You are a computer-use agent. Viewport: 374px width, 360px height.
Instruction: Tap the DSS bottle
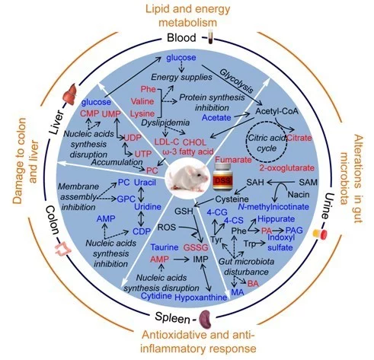(222, 177)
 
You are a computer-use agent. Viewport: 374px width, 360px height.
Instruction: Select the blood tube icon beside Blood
(210, 37)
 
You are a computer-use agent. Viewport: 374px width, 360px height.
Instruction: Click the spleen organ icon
(206, 320)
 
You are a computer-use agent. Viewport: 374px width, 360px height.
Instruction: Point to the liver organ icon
(70, 95)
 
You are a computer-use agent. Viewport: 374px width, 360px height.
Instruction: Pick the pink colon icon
(63, 249)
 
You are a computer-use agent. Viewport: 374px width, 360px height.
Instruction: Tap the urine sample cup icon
(320, 234)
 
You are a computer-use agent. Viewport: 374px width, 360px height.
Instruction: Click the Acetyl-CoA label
(277, 111)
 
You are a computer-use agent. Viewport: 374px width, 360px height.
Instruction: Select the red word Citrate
(299, 138)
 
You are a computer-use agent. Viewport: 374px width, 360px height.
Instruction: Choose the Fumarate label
(233, 160)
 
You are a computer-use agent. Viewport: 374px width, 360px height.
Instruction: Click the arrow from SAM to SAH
(280, 182)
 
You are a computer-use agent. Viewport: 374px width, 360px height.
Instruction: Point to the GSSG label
(196, 247)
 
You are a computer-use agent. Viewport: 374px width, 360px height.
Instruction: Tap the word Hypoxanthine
(201, 297)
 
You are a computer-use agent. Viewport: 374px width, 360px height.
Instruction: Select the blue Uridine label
(148, 206)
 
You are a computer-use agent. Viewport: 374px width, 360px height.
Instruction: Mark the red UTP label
(143, 154)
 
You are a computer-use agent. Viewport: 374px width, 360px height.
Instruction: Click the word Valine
(142, 101)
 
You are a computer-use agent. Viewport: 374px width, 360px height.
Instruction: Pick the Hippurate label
(276, 219)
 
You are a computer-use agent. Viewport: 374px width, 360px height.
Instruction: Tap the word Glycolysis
(236, 81)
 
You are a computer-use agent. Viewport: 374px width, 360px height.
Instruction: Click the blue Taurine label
(165, 247)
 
